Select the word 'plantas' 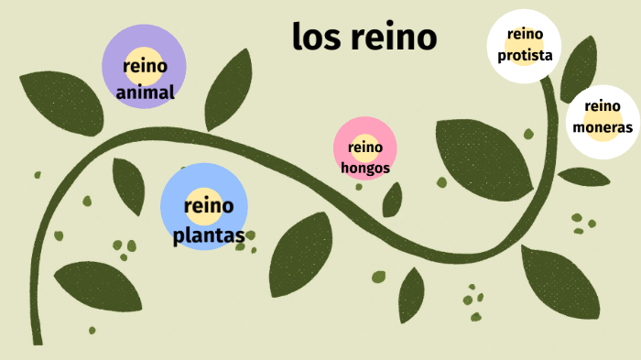click(x=209, y=235)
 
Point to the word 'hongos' click(x=365, y=168)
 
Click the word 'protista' click(x=525, y=55)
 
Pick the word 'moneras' click(x=603, y=127)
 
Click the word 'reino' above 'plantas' click(x=209, y=204)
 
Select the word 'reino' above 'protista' click(x=525, y=35)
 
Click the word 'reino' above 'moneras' click(x=603, y=106)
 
